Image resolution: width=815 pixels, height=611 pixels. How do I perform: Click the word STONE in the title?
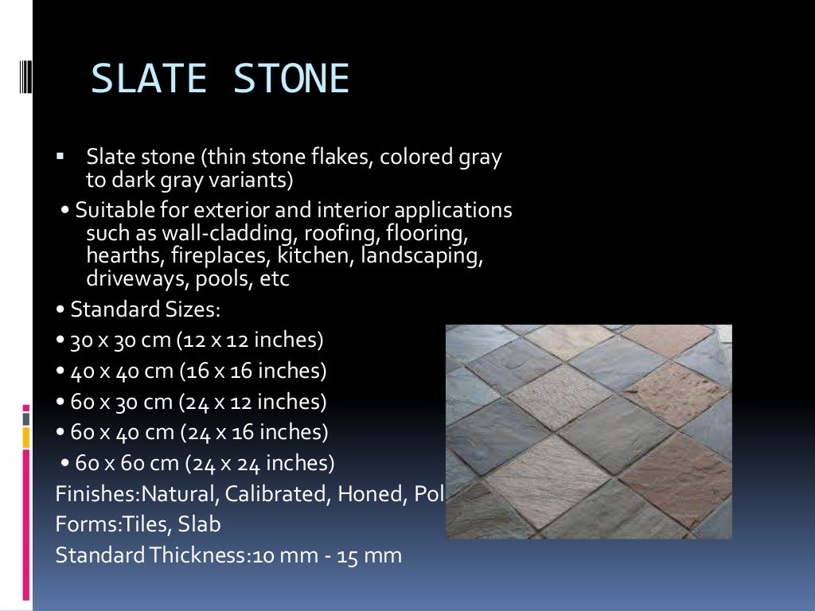pyautogui.click(x=292, y=80)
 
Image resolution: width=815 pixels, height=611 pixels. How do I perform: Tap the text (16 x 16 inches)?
pyautogui.click(x=253, y=371)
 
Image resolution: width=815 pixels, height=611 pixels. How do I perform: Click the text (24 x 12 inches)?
pyautogui.click(x=253, y=402)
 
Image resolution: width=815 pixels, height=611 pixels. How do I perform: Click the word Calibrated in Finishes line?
pyautogui.click(x=275, y=494)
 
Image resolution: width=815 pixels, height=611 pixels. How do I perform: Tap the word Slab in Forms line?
pyautogui.click(x=200, y=524)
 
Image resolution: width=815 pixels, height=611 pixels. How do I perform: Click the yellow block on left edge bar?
pyautogui.click(x=26, y=437)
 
